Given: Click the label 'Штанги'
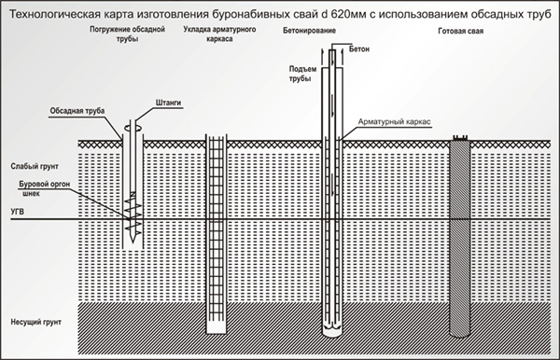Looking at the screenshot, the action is (x=168, y=103).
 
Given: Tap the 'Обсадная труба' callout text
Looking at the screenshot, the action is (x=77, y=111).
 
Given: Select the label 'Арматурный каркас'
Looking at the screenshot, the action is (x=394, y=121).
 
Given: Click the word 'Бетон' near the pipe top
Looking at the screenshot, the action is (x=359, y=49).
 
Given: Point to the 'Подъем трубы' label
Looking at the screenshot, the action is (x=302, y=74).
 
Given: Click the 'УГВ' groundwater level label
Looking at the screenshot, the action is (x=18, y=212).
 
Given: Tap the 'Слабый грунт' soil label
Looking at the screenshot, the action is (x=35, y=166).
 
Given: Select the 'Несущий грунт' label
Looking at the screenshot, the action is (x=35, y=322).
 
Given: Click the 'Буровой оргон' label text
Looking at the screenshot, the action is (x=44, y=184).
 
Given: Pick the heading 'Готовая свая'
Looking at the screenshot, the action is (x=461, y=31).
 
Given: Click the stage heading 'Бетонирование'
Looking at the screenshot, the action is (x=309, y=31).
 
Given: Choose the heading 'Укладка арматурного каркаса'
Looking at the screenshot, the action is (x=219, y=34).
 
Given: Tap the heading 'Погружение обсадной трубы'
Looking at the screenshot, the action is (x=127, y=34).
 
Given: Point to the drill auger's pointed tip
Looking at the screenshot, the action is (x=133, y=242).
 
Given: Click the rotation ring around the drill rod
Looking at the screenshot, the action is (x=133, y=128).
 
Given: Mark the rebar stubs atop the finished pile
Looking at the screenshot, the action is (x=460, y=138).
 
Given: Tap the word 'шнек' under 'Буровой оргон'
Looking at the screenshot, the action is (x=31, y=194).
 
